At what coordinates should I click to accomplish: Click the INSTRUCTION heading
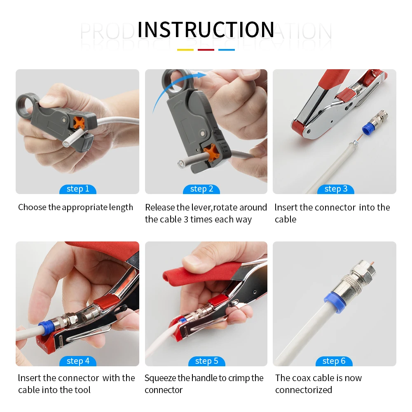[206, 30]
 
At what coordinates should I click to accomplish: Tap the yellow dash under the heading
[185, 50]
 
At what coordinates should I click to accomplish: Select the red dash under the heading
[206, 50]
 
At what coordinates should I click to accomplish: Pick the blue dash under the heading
[227, 50]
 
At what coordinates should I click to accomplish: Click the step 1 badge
[77, 189]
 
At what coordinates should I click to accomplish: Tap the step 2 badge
[201, 189]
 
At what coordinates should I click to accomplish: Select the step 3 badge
[336, 189]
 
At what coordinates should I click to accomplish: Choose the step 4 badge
[77, 361]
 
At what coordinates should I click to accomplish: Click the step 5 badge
[206, 361]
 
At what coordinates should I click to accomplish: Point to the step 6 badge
[334, 361]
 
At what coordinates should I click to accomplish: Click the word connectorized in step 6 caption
[304, 390]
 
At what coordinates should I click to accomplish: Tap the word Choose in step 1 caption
[32, 207]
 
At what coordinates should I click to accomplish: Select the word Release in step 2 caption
[159, 207]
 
